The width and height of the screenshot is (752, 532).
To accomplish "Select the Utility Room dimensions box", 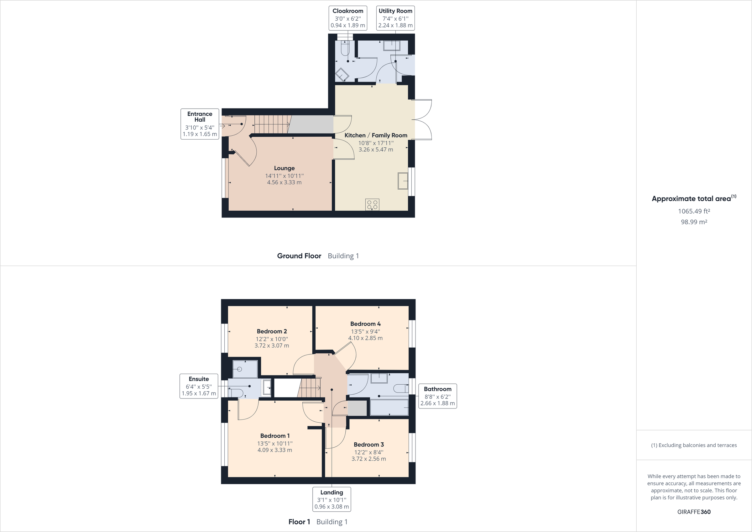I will click(x=395, y=18).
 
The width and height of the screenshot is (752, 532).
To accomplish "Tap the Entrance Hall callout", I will click(x=200, y=124).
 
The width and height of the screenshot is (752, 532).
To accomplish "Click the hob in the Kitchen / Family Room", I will click(x=373, y=205).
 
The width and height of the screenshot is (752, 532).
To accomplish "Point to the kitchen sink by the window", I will click(x=403, y=181).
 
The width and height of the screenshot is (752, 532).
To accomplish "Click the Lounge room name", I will click(x=284, y=168).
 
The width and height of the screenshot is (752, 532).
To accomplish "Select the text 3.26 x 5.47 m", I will click(x=376, y=150).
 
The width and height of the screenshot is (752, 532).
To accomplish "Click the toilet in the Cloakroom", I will click(x=345, y=49).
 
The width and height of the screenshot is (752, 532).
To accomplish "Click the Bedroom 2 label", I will click(x=272, y=331).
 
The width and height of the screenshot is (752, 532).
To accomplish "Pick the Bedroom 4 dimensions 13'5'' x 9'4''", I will click(x=366, y=331).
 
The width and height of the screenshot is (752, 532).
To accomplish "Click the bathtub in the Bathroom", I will click(x=389, y=408).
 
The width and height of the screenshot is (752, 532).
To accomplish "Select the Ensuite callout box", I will click(x=198, y=386).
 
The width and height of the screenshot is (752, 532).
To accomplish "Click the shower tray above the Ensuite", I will click(x=245, y=369).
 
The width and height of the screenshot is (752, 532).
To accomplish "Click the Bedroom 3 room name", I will click(x=368, y=445).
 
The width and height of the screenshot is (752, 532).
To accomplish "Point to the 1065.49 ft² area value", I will click(x=694, y=211).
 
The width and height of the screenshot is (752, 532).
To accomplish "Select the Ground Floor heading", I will click(x=299, y=256).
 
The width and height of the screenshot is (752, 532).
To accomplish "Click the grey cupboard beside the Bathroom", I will click(x=357, y=408).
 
